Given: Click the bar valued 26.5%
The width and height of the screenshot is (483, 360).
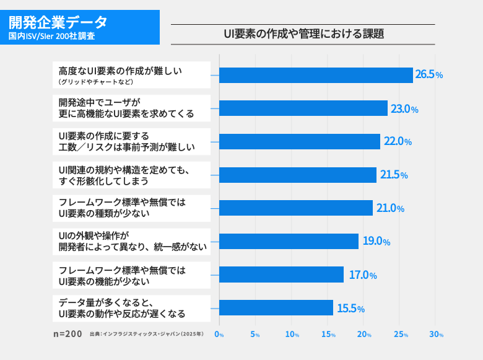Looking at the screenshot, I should tap(316, 75).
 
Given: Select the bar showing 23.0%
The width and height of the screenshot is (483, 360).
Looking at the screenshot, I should tap(303, 108).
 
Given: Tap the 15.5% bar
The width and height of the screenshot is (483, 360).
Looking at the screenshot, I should tap(276, 308).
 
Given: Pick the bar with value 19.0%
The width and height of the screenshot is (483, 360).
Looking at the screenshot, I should tap(289, 241).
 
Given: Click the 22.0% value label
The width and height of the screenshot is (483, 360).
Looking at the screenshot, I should tap(398, 141).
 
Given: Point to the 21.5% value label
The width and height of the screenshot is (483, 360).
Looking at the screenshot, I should tap(394, 175).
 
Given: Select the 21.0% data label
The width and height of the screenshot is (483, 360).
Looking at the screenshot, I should tap(390, 208).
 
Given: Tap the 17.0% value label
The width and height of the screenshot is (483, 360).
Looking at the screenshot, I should tap(363, 274).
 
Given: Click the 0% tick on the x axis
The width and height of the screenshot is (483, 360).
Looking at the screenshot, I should tap(219, 335).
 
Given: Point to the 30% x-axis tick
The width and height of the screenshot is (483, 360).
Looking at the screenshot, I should tap(437, 335).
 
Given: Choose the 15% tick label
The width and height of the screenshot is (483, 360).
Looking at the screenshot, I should tap(328, 335).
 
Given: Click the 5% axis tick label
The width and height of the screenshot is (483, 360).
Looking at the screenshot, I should tap(255, 335).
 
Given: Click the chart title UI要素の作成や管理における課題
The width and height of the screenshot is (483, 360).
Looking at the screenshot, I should tap(303, 34).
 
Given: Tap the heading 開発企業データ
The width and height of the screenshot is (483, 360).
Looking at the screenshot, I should tap(58, 22).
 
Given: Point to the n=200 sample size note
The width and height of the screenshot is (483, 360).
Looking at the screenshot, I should tap(67, 334).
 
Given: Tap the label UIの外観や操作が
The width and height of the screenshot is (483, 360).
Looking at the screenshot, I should tap(92, 236).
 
